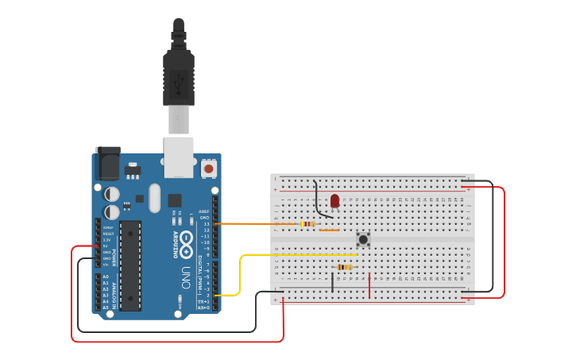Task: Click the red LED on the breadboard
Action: pos(334,200)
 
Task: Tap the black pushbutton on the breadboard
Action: pos(363,238)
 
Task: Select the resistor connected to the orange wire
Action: pos(308,224)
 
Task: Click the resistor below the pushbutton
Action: pos(344,267)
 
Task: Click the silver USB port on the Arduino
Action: pos(179,157)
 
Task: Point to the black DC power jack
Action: pos(107,164)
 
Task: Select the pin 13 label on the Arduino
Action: pos(206,224)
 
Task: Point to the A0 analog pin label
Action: pos(105,277)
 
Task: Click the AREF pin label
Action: pos(204,211)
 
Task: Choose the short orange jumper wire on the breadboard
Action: pos(329,230)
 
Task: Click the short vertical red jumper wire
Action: pos(369,286)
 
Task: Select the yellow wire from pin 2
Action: pos(241,270)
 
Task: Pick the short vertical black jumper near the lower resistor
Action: pos(333,282)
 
